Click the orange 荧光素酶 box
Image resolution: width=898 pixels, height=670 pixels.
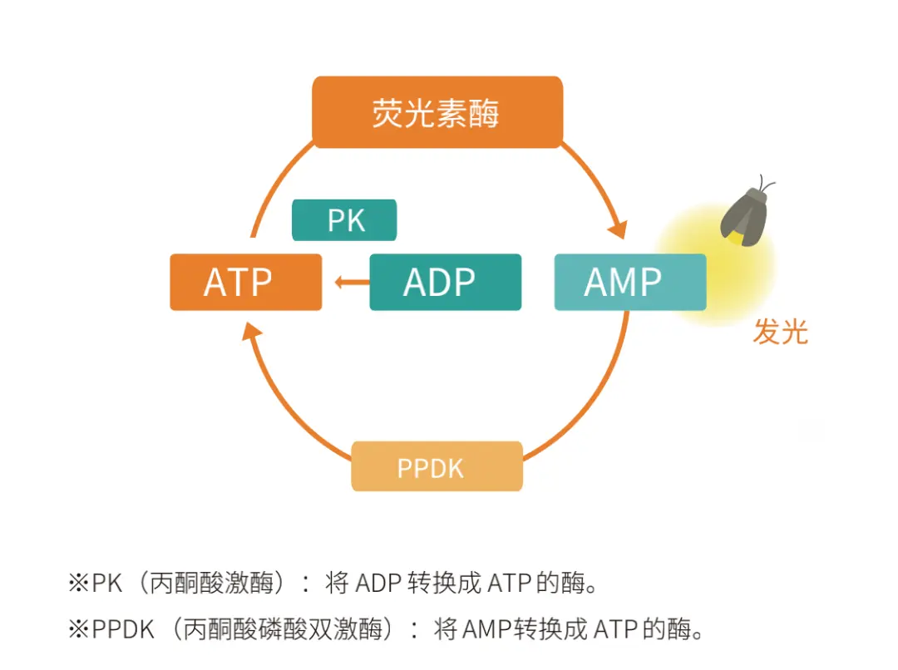pyautogui.click(x=437, y=112)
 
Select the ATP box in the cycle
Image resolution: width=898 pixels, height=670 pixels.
pyautogui.click(x=245, y=283)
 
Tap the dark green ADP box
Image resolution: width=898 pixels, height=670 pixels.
pyautogui.click(x=445, y=283)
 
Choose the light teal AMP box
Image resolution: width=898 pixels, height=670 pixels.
pyautogui.click(x=629, y=283)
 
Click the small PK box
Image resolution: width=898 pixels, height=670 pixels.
pyautogui.click(x=344, y=220)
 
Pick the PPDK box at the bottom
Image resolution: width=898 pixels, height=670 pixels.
pyautogui.click(x=437, y=467)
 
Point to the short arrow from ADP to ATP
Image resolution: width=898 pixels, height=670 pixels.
pyautogui.click(x=352, y=283)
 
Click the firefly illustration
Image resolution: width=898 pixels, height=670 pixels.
pyautogui.click(x=746, y=216)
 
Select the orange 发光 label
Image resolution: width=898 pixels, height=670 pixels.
pyautogui.click(x=780, y=333)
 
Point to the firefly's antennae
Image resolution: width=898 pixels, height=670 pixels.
pyautogui.click(x=767, y=183)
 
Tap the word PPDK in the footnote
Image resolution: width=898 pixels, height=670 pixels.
pyautogui.click(x=123, y=629)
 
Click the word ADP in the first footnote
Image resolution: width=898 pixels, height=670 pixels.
pyautogui.click(x=379, y=583)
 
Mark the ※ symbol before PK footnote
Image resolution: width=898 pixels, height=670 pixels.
pyautogui.click(x=78, y=583)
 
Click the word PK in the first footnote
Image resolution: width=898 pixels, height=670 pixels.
pyautogui.click(x=106, y=583)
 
